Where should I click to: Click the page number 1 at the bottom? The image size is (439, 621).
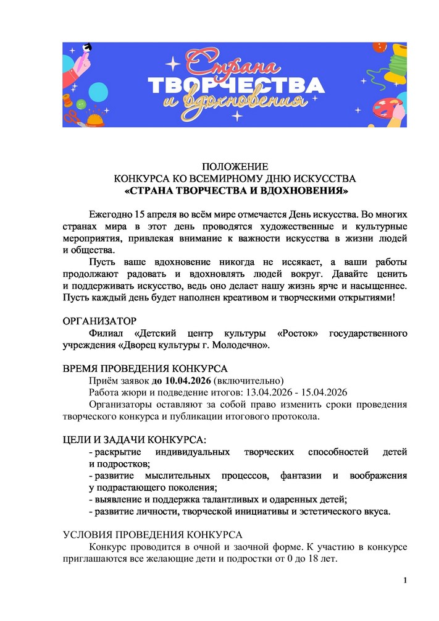[x=405, y=580]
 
